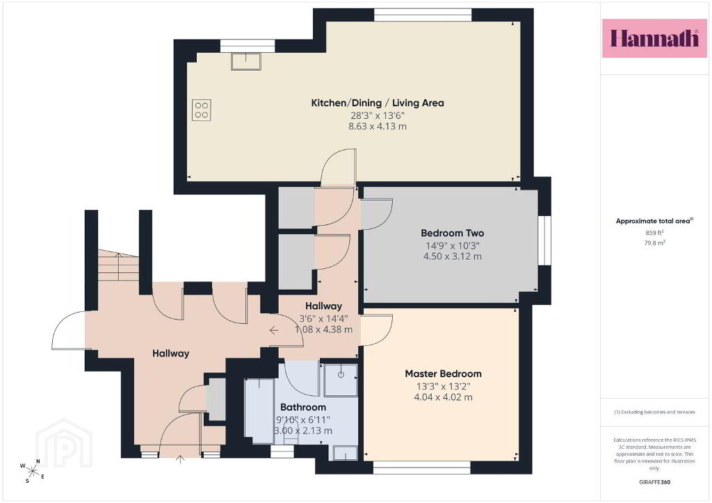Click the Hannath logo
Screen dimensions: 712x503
654,38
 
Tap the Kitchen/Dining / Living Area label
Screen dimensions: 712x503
378,103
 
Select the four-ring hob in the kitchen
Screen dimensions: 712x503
202,110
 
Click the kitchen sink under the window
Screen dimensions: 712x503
245,61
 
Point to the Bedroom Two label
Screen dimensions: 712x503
452,233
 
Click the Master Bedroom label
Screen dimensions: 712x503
443,374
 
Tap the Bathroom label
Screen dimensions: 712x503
303,407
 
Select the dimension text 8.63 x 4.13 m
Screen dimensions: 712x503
378,126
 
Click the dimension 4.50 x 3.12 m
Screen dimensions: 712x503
452,256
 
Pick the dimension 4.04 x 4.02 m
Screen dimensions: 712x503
443,397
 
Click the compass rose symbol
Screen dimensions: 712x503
33,471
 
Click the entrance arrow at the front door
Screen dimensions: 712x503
180,459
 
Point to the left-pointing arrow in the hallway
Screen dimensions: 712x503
273,330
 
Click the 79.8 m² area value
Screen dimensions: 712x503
654,242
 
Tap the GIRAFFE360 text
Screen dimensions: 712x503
654,482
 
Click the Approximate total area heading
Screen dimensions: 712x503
654,221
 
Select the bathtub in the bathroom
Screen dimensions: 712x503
259,411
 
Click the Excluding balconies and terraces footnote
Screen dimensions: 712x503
654,412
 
